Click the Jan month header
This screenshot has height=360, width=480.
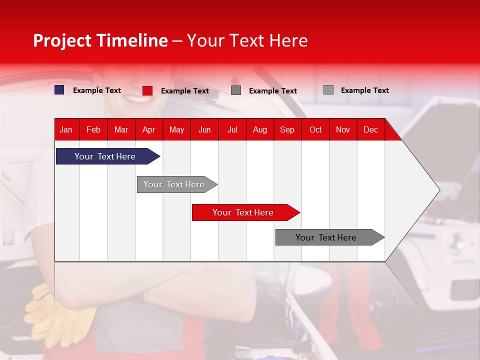click(x=66, y=130)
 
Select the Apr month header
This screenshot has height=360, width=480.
click(x=148, y=130)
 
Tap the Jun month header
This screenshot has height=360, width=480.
click(x=204, y=130)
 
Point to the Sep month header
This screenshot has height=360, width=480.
click(x=287, y=130)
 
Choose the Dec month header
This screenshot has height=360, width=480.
click(x=370, y=130)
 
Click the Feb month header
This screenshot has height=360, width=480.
click(x=93, y=130)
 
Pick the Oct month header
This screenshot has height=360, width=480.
click(x=315, y=130)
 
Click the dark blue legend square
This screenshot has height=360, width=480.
click(x=59, y=90)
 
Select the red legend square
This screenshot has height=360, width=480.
click(x=147, y=90)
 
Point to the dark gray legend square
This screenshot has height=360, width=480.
click(x=236, y=90)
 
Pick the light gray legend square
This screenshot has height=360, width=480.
click(x=328, y=90)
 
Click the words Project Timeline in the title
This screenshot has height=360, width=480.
click(x=100, y=40)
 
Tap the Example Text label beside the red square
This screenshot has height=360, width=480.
click(x=185, y=91)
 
